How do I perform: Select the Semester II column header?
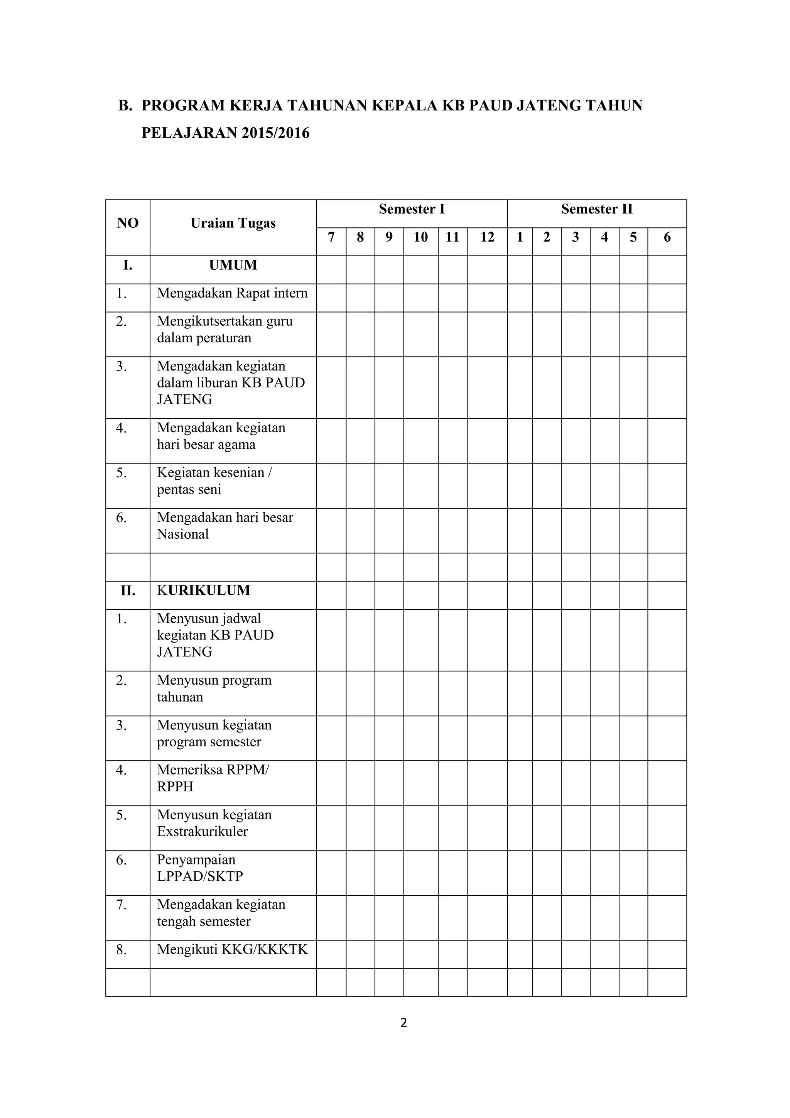[596, 210]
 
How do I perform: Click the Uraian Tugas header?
[233, 223]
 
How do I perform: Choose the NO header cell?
[128, 223]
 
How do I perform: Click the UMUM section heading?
[233, 266]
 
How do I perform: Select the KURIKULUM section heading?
[203, 590]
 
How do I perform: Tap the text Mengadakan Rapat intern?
[232, 293]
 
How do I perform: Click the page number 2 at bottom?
[403, 1023]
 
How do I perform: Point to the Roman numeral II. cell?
[128, 591]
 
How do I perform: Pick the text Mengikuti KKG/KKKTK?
[232, 949]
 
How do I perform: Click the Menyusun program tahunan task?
[214, 688]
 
